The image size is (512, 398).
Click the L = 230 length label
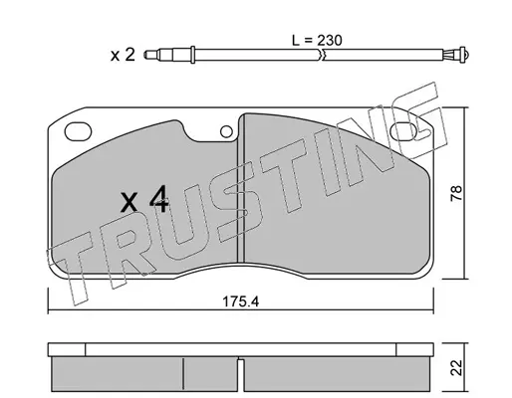[317, 41]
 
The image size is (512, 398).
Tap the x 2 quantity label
[123, 55]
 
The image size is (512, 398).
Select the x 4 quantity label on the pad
[144, 199]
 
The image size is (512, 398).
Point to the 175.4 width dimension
[240, 301]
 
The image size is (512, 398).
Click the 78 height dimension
[456, 193]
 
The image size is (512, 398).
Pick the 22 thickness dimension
[456, 368]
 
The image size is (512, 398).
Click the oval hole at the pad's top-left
[78, 131]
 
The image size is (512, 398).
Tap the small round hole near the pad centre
[226, 131]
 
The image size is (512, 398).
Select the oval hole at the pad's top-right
[403, 131]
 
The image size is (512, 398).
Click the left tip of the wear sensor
[145, 55]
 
